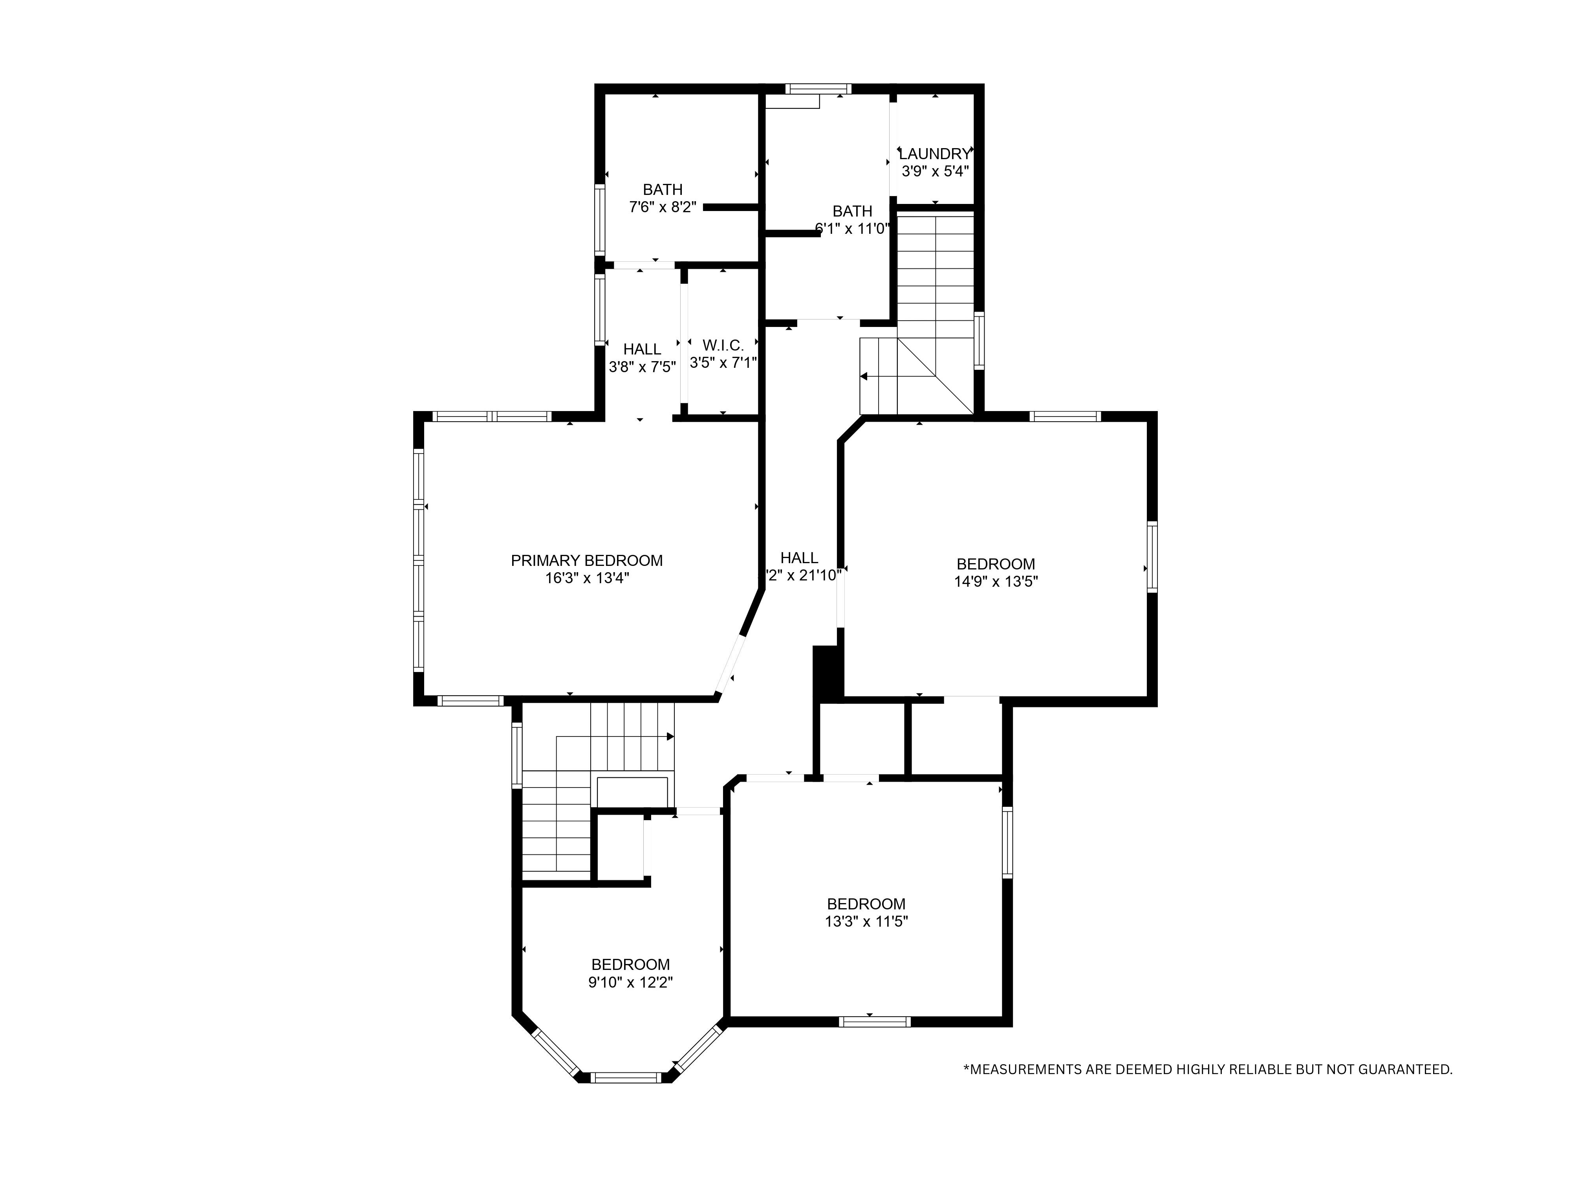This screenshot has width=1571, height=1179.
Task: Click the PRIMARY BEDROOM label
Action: pyautogui.click(x=587, y=561)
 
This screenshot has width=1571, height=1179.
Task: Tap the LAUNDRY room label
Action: pyautogui.click(x=935, y=154)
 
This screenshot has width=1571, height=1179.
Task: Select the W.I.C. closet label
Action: pyautogui.click(x=723, y=345)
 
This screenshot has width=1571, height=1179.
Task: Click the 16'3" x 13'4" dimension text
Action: pyautogui.click(x=587, y=578)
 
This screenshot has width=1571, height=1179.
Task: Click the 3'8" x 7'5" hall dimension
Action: pyautogui.click(x=642, y=367)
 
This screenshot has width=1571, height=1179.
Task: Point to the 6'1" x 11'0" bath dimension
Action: pyautogui.click(x=852, y=229)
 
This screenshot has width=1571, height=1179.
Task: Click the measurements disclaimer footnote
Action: pyautogui.click(x=1207, y=1089)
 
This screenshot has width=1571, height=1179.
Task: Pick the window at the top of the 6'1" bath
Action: pyautogui.click(x=818, y=89)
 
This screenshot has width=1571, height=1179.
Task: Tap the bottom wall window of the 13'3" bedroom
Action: pyautogui.click(x=874, y=1022)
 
